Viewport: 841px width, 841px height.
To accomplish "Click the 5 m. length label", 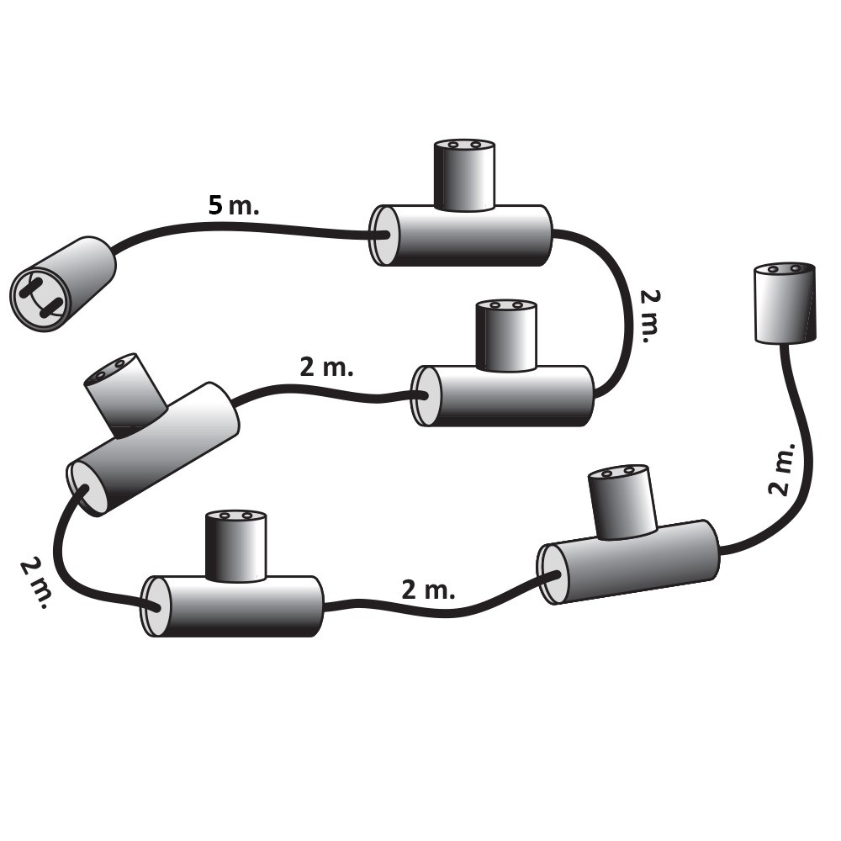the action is click(233, 205).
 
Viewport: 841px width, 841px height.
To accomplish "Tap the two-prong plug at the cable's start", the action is click(63, 283).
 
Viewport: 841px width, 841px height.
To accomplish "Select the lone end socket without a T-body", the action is click(785, 302).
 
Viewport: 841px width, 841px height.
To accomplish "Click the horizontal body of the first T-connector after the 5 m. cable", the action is click(461, 235).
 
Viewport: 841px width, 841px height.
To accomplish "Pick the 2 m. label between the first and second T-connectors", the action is click(649, 316).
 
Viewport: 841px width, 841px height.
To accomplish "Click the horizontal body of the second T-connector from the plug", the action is click(503, 396).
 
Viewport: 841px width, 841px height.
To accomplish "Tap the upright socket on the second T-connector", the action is click(506, 336).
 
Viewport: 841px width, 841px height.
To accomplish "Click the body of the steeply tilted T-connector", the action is click(153, 449).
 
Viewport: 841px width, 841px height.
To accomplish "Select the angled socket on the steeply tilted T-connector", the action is click(124, 390).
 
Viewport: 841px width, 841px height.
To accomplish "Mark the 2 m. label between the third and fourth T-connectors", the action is click(36, 583).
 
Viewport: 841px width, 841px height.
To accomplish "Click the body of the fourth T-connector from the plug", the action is click(232, 606).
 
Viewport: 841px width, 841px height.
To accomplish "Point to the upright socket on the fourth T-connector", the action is click(236, 546).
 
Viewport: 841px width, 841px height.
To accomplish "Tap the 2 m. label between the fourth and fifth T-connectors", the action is click(428, 590).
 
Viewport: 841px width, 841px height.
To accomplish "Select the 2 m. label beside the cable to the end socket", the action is click(782, 468).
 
